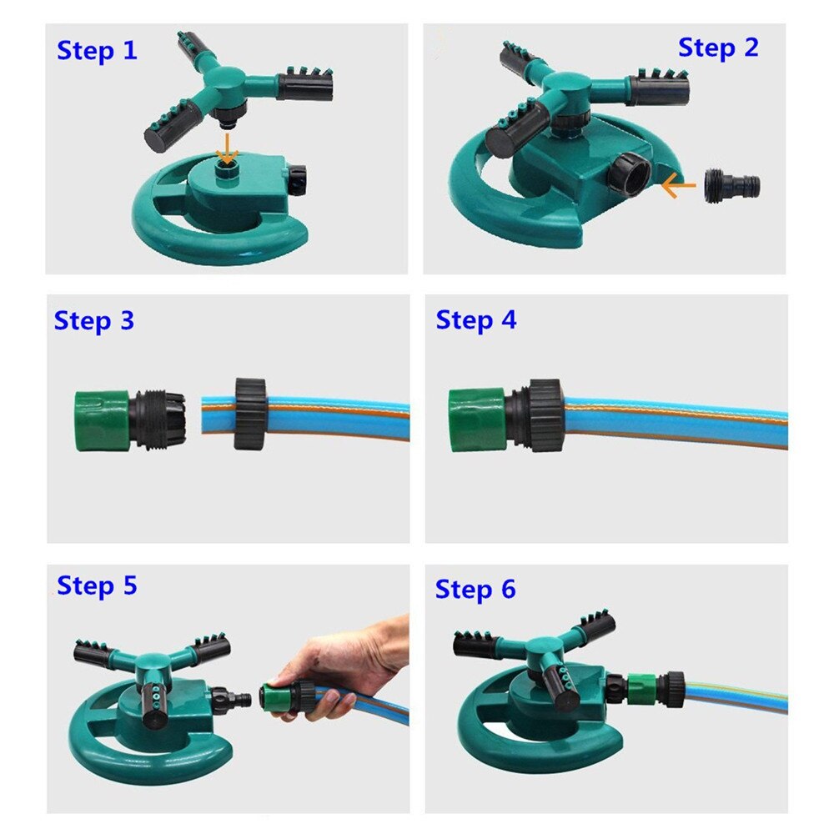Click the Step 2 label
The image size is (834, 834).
pyautogui.click(x=718, y=48)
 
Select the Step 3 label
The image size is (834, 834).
pyautogui.click(x=93, y=320)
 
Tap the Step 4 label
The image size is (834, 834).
pyautogui.click(x=475, y=319)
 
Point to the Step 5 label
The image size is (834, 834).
pyautogui.click(x=97, y=585)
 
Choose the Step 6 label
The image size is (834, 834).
pyautogui.click(x=475, y=590)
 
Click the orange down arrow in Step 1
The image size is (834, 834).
pyautogui.click(x=226, y=150)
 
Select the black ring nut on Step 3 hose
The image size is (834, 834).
pyautogui.click(x=249, y=414)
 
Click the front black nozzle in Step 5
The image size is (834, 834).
pyautogui.click(x=153, y=697)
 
